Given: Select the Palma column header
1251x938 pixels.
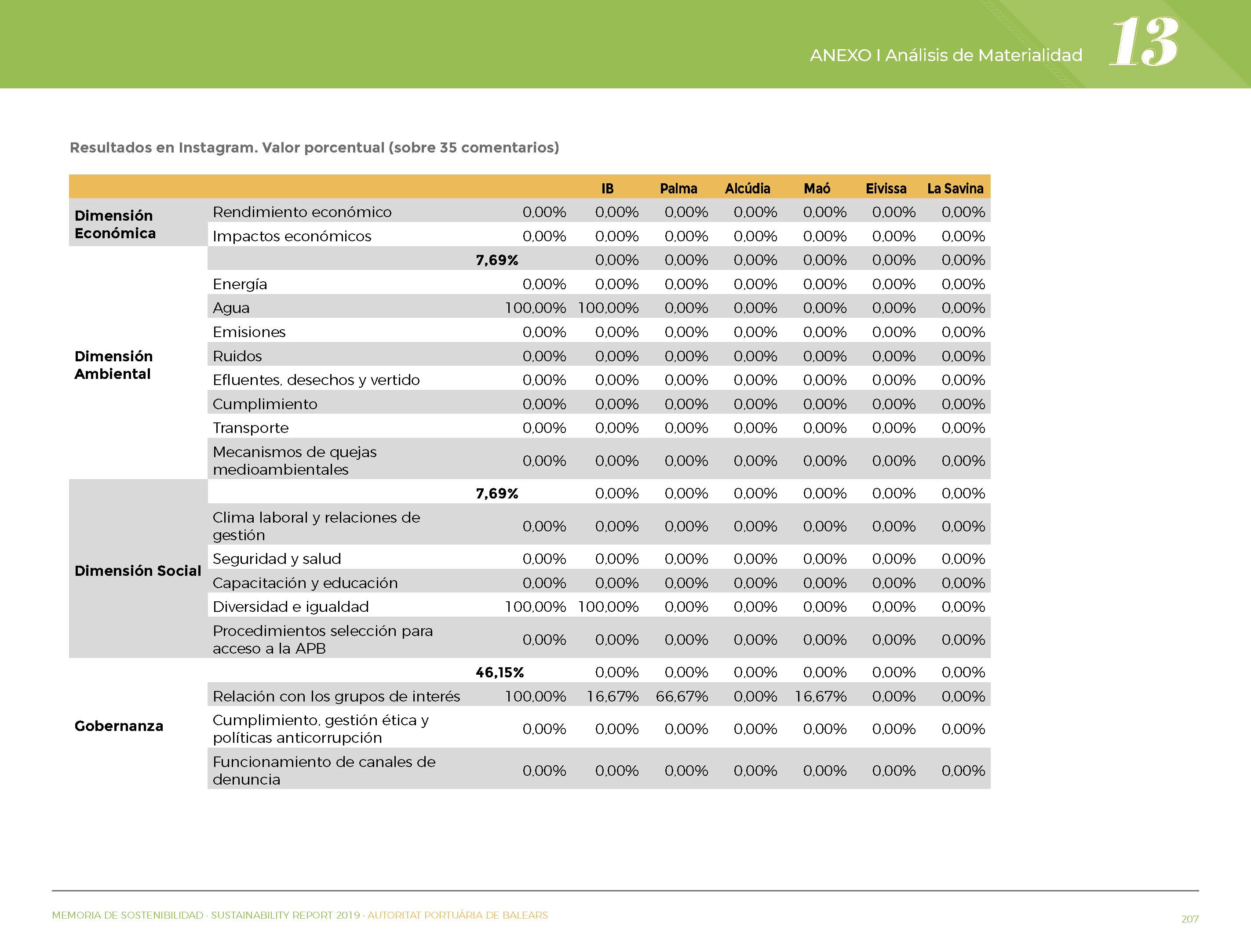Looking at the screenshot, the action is click(678, 188).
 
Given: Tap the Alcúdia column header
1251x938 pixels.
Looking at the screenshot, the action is click(748, 188).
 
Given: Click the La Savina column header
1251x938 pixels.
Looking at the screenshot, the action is click(955, 188).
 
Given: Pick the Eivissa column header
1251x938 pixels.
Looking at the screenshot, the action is click(886, 188).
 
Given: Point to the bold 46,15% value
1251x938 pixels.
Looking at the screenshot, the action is click(500, 672).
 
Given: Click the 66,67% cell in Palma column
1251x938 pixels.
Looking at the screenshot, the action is click(682, 696).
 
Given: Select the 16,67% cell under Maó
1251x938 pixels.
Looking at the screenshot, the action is click(821, 696).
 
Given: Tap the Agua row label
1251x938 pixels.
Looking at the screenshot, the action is click(231, 308).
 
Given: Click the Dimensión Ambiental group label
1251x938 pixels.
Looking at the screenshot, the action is click(114, 365).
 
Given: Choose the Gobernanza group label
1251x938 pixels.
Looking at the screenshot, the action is click(119, 726).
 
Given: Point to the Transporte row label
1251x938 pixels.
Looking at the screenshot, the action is click(251, 428).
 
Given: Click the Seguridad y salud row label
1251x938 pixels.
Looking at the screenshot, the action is click(277, 559).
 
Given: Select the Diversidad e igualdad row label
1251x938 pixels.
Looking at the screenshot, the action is click(291, 607).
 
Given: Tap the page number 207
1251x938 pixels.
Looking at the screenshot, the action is click(1190, 919).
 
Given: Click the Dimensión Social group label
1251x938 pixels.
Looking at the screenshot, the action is click(138, 571).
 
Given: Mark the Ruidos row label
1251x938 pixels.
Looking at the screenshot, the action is click(237, 356).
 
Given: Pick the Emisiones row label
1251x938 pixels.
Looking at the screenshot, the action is click(249, 332).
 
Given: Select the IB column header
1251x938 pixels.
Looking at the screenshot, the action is click(607, 188).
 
